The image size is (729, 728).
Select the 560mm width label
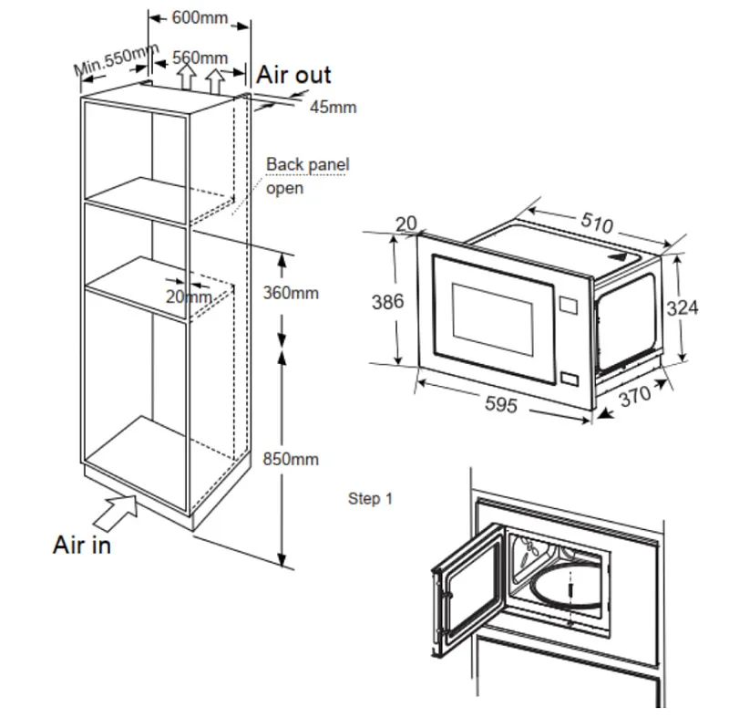tap(200, 57)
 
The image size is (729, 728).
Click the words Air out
tap(293, 75)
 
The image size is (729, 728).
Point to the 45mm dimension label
tap(333, 108)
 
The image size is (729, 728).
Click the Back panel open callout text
tap(306, 176)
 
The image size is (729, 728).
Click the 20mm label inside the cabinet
tap(189, 296)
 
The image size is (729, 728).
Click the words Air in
tap(81, 546)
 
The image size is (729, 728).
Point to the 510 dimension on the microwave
tap(597, 223)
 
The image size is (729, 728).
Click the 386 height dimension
tap(387, 301)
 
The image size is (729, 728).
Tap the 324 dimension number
tap(683, 308)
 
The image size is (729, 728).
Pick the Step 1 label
tap(370, 499)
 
